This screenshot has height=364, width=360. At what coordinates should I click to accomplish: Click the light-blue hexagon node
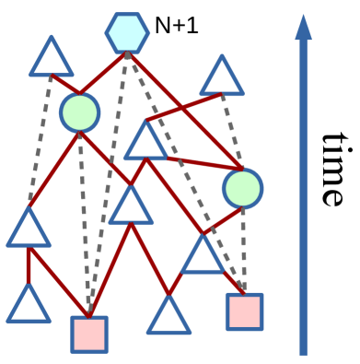(127, 33)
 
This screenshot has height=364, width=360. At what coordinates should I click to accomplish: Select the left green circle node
(80, 112)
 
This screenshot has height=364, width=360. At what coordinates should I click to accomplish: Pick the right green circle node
(242, 188)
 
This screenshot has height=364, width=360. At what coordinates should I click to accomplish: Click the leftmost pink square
(89, 334)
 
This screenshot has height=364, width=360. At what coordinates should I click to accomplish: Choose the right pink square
(244, 311)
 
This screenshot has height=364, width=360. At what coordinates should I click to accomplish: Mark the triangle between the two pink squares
(169, 317)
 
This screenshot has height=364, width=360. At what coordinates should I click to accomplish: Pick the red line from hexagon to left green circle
(103, 73)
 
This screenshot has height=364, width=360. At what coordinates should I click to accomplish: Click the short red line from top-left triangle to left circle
(64, 84)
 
